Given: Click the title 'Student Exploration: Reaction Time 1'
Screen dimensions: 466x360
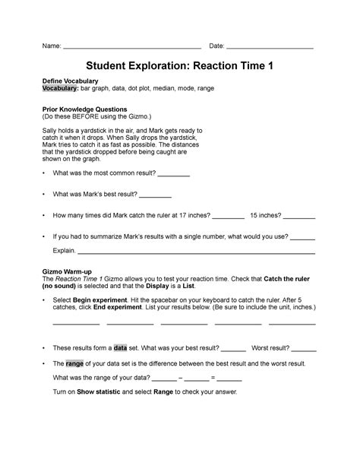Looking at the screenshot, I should point(180,68).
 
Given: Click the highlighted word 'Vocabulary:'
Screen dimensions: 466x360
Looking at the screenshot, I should point(60,89).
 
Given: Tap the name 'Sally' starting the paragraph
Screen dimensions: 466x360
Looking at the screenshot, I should point(49,131).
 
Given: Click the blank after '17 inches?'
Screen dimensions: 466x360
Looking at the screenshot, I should point(229,214).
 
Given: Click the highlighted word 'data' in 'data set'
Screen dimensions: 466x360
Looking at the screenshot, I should point(120,347).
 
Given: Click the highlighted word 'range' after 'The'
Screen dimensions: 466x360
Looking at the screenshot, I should point(74,363).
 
